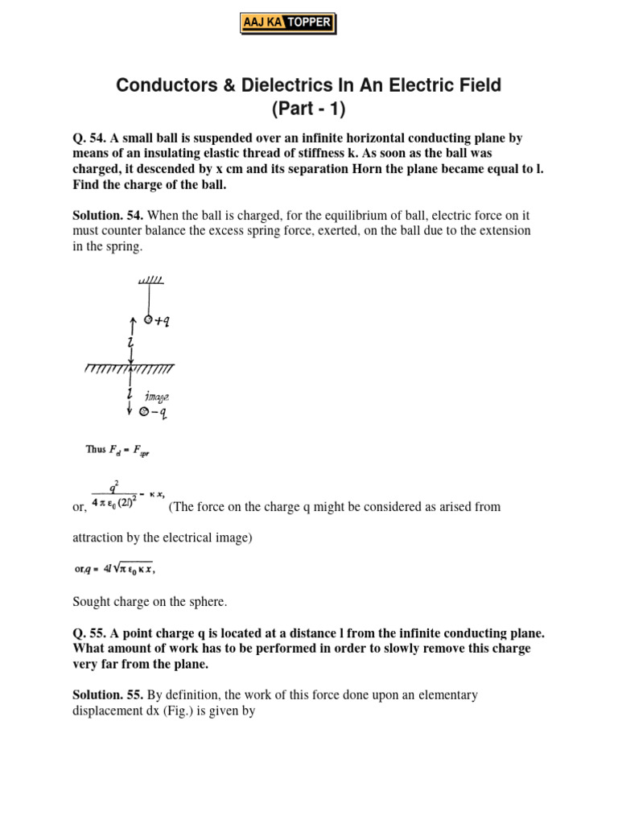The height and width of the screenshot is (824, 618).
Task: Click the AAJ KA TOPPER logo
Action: click(287, 23)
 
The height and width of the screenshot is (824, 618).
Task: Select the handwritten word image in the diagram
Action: click(156, 397)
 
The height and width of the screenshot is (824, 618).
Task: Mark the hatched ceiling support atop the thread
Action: click(150, 281)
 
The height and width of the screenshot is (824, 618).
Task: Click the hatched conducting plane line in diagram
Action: click(129, 369)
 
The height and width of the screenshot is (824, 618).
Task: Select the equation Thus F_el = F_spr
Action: click(118, 450)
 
